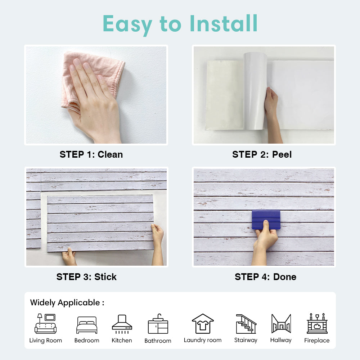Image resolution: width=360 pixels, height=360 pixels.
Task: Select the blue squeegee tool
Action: [x=266, y=219]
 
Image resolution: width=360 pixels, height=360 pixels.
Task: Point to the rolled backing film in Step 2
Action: [x=255, y=91]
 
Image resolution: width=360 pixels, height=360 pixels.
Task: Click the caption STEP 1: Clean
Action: [x=91, y=154]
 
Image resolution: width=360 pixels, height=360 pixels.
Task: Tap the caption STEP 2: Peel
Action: [x=262, y=154]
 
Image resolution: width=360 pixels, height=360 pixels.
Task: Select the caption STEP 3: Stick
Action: [x=86, y=277]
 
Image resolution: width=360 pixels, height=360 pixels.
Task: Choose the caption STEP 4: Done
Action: [x=265, y=277]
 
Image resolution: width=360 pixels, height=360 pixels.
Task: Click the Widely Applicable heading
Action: [x=67, y=303]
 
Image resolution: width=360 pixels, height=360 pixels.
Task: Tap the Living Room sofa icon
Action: [x=45, y=324]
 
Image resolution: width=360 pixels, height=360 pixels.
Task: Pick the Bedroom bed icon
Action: [x=87, y=325]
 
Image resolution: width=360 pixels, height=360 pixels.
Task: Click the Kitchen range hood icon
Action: [x=122, y=324]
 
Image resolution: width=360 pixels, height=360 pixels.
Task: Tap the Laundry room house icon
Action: [x=203, y=324]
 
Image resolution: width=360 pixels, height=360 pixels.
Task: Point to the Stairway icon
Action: [x=246, y=324]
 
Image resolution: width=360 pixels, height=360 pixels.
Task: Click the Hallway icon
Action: [x=281, y=324]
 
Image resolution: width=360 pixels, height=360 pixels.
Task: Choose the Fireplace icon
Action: [x=317, y=323]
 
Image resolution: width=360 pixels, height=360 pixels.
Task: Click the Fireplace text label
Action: [x=317, y=340]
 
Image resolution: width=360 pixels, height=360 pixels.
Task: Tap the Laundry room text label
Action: [x=203, y=340]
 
